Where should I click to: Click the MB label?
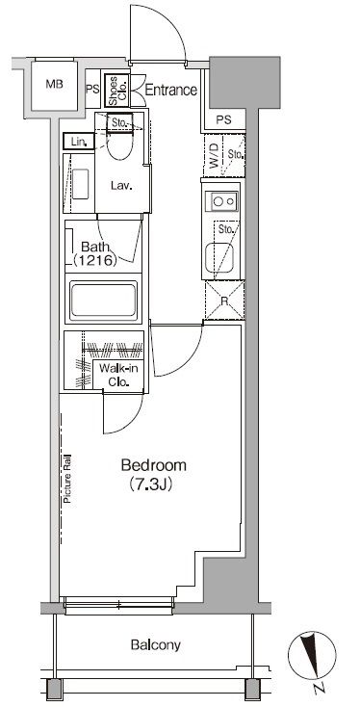(54, 84)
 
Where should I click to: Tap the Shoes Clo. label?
(117, 92)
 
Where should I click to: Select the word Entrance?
(170, 91)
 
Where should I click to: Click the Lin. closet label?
(78, 142)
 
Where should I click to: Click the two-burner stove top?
(221, 200)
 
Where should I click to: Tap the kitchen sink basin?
(219, 258)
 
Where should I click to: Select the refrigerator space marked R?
(225, 300)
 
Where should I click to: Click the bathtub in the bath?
(104, 300)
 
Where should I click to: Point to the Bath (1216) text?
(95, 253)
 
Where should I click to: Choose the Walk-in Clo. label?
(119, 375)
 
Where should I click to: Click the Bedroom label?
(154, 465)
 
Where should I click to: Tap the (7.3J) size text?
(151, 484)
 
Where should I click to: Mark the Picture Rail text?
(68, 478)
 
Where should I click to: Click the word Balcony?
(155, 644)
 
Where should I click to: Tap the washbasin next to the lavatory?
(81, 184)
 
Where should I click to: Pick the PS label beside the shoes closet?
(92, 89)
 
